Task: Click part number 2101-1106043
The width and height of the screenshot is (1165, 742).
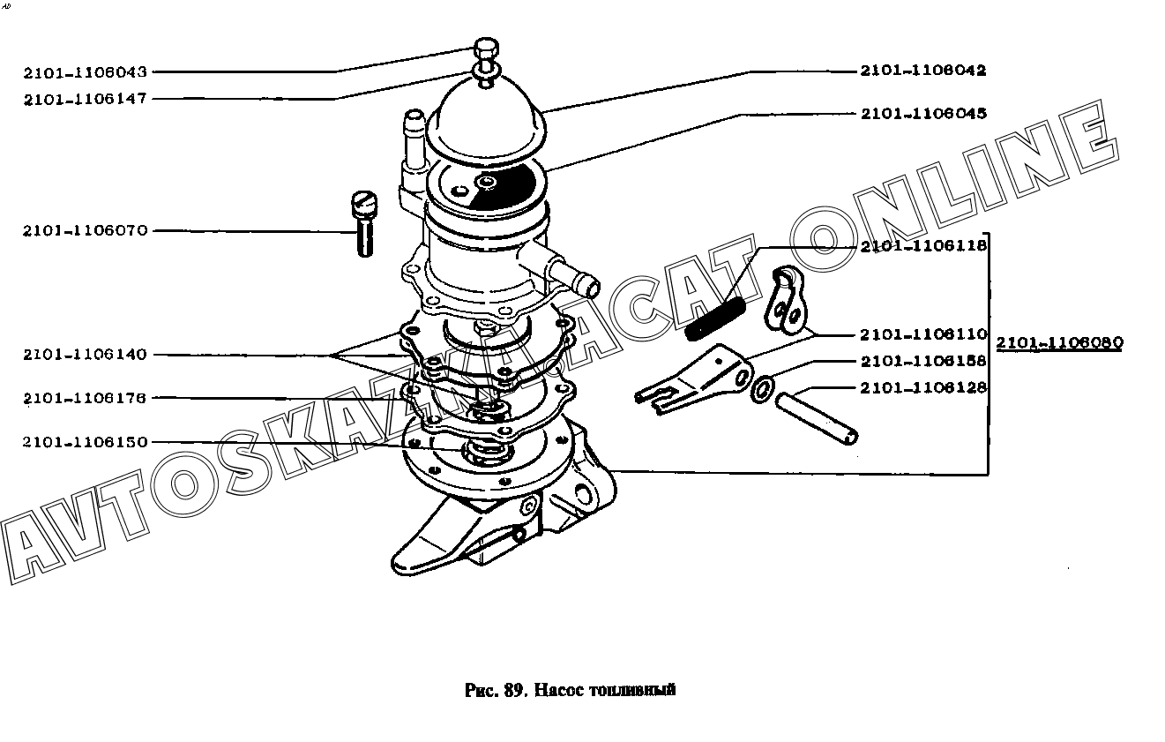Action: click(x=86, y=72)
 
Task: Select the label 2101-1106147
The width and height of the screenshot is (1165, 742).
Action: click(x=86, y=99)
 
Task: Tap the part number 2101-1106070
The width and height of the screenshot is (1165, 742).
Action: click(x=86, y=231)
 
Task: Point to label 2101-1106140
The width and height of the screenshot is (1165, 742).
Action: click(x=86, y=355)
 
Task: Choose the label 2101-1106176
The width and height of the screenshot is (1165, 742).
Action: click(x=86, y=398)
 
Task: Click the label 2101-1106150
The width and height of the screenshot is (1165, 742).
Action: click(x=86, y=442)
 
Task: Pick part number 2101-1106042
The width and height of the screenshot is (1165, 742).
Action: click(x=922, y=71)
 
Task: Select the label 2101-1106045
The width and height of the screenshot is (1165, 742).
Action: click(x=922, y=114)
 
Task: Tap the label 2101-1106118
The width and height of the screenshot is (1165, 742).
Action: click(x=922, y=246)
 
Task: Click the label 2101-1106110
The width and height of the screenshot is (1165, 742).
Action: click(x=922, y=334)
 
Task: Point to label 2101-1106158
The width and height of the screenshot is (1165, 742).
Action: click(x=922, y=361)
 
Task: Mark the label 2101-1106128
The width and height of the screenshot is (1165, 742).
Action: click(x=922, y=387)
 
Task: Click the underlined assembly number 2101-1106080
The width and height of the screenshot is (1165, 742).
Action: click(x=1059, y=343)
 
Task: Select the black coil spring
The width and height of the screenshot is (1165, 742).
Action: click(x=716, y=317)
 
